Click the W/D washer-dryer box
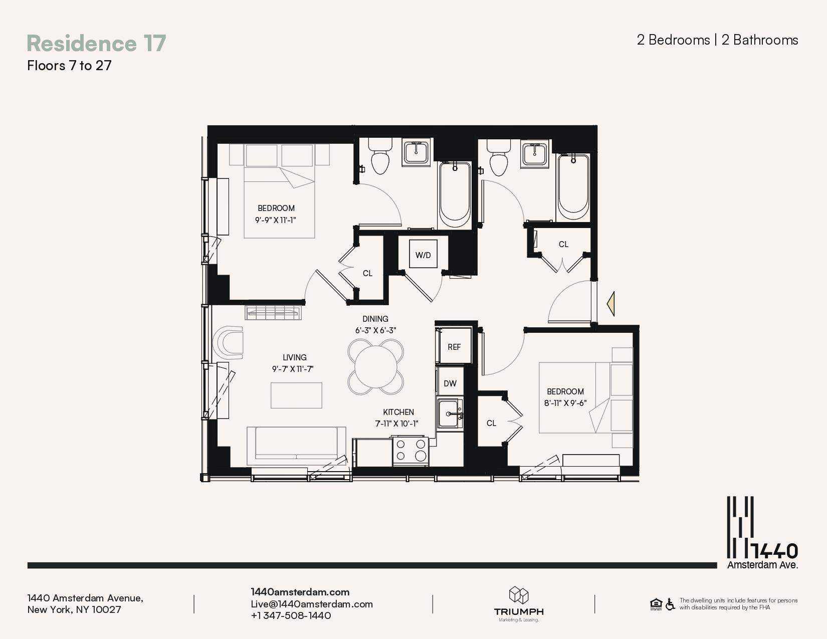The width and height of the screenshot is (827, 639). (x=423, y=255)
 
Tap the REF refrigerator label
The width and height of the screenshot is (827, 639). (x=454, y=347)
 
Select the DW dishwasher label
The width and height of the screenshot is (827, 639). (x=450, y=383)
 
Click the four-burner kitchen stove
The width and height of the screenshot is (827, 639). (x=410, y=450)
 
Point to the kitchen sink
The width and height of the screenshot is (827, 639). (x=450, y=414)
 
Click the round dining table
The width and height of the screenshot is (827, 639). (x=375, y=366)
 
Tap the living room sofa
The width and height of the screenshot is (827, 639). (x=296, y=445)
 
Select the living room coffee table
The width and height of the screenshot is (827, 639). (x=296, y=395)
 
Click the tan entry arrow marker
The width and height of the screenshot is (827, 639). (x=611, y=304)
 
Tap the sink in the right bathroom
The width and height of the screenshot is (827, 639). (x=535, y=153)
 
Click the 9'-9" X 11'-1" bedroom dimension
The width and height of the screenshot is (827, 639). (x=276, y=220)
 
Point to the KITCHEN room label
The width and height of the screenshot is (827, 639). (x=398, y=412)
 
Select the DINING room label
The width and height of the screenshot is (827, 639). (x=375, y=319)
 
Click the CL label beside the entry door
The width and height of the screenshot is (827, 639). (x=563, y=244)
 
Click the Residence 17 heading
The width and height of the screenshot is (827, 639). (x=96, y=43)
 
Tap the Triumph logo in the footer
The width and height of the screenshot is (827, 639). (x=519, y=603)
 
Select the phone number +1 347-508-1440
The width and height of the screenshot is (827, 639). (x=291, y=615)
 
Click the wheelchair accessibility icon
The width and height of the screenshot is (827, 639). (x=670, y=604)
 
